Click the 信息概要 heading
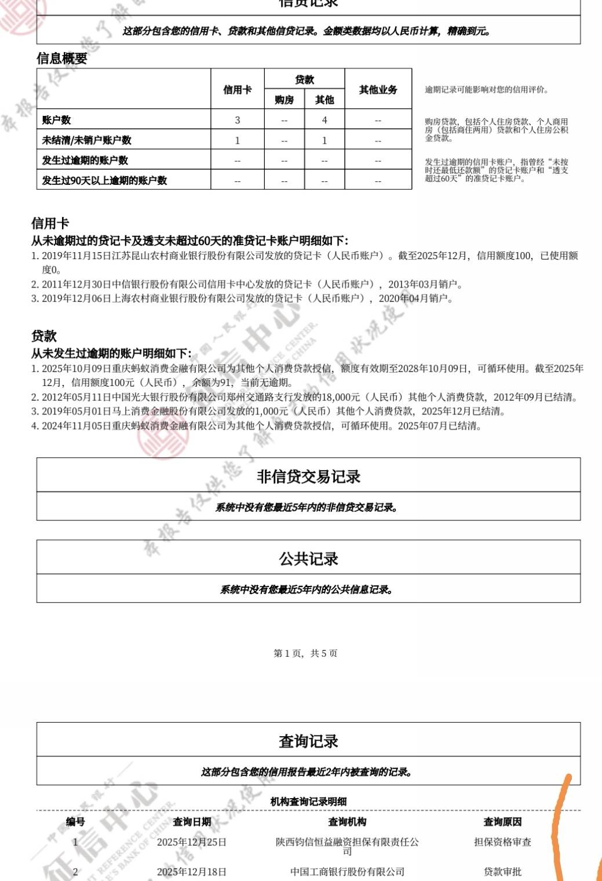62,58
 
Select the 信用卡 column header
238,89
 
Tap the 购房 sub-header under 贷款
284,100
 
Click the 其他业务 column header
378,89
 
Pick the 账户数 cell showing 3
238,120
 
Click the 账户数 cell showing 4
324,120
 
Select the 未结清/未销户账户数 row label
87,140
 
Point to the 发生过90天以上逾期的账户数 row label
104,180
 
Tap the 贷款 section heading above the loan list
44,336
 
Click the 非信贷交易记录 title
308,476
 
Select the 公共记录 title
308,559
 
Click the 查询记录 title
308,741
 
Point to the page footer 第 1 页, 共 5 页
305,653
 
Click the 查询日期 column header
192,822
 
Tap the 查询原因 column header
502,822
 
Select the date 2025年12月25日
192,842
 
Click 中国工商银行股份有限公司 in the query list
347,872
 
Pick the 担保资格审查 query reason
502,842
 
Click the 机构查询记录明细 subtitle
308,802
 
